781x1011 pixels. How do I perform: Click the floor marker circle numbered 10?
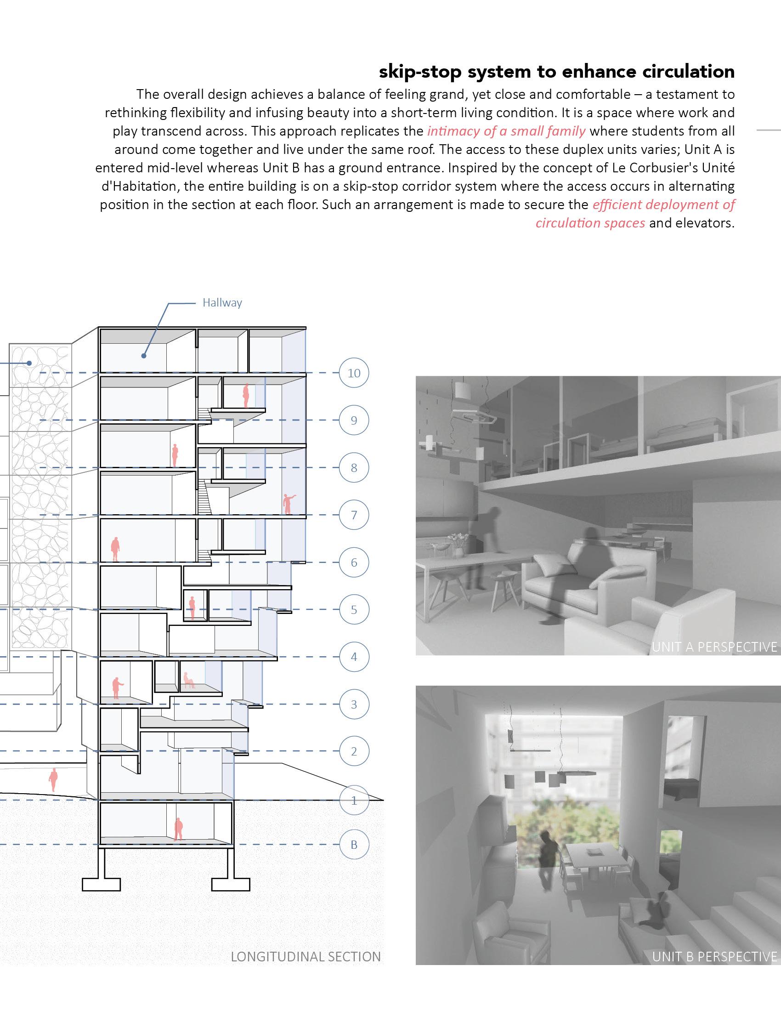pos(354,373)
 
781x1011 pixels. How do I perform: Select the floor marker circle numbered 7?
pos(354,515)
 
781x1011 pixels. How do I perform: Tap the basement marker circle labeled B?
pos(354,845)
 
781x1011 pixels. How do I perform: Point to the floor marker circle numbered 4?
pos(354,657)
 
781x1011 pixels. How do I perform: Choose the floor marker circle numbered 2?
pos(354,751)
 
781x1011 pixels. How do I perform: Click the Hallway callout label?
pos(222,303)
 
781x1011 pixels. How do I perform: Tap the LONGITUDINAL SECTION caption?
pos(306,957)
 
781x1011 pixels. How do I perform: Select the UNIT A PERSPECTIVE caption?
pos(714,647)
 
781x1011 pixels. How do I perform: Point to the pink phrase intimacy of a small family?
pos(506,131)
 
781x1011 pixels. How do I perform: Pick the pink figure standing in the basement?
pos(178,829)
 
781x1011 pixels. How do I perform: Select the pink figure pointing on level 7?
pos(288,504)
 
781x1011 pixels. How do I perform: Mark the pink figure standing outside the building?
pos(54,779)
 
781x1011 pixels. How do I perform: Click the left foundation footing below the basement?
pos(102,883)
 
